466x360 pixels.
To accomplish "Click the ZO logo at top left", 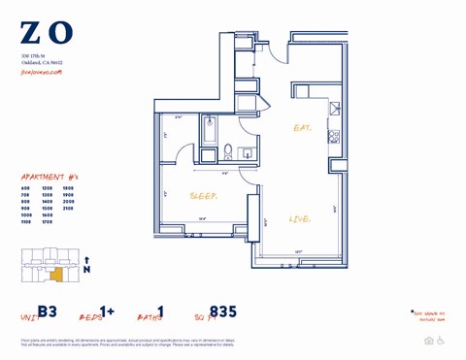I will tap(46, 33).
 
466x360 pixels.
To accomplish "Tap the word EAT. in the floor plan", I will tap(303, 127).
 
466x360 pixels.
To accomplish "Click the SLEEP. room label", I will tap(203, 195).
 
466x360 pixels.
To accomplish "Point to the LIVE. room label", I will tap(301, 219).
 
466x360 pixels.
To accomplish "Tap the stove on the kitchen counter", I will tap(335, 135).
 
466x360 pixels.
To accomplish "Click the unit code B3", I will tap(49, 313).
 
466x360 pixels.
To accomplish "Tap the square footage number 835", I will tap(222, 312).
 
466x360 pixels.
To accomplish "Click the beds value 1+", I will tap(106, 311).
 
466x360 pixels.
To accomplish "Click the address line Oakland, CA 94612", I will tap(42, 63).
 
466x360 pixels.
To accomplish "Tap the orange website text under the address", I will tap(42, 72).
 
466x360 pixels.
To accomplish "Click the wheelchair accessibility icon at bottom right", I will tap(441, 341).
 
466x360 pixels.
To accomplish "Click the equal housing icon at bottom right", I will tap(428, 341).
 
